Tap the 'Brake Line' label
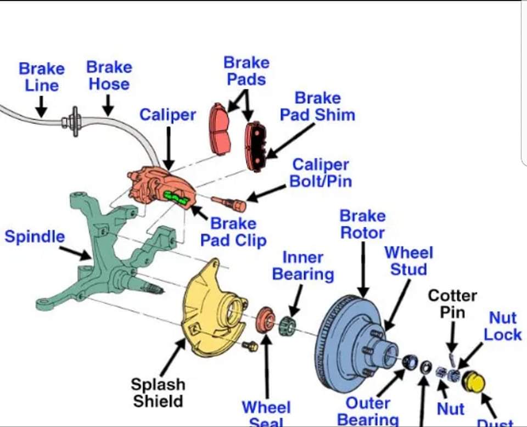[41, 77]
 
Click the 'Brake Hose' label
[109, 76]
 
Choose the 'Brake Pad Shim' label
[317, 106]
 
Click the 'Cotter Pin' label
[452, 304]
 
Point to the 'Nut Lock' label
[502, 326]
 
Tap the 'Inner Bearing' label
[303, 266]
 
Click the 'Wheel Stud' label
[409, 261]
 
